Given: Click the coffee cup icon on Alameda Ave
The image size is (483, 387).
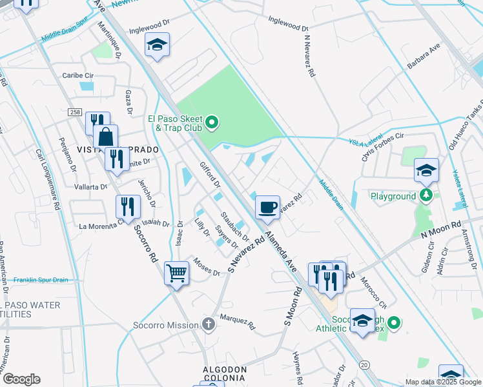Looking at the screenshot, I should click(x=267, y=208).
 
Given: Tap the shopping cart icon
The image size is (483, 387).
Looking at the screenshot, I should click(x=176, y=273).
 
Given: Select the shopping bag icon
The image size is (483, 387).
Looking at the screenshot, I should click(x=105, y=137).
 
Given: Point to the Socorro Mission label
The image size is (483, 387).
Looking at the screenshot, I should click(x=165, y=325).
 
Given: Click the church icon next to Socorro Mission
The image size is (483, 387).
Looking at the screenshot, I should click(x=208, y=324).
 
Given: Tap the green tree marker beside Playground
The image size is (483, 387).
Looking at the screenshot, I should click(x=425, y=195).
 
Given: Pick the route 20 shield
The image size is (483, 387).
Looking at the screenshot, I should click(x=365, y=365).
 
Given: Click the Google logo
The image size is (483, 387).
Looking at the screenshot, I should click(x=21, y=379).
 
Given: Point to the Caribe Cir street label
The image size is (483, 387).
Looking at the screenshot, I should click(x=77, y=75).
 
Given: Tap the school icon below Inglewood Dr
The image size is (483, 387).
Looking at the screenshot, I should click(x=157, y=46).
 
